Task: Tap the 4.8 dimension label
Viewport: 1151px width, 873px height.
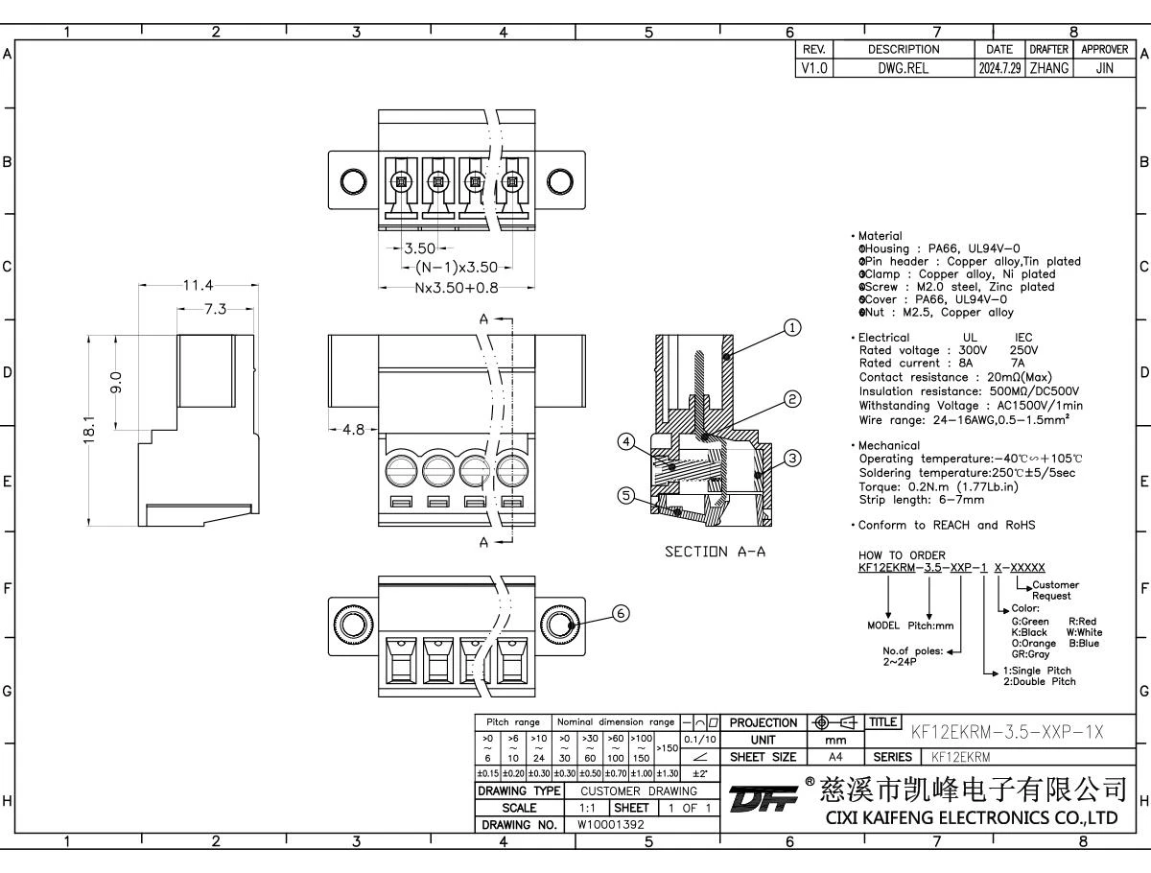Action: click(353, 430)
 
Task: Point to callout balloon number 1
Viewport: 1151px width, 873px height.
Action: click(791, 328)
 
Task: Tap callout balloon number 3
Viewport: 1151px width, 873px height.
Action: click(792, 459)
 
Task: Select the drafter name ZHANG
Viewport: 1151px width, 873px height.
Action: click(1048, 68)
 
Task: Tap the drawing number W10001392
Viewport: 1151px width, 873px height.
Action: click(611, 824)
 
